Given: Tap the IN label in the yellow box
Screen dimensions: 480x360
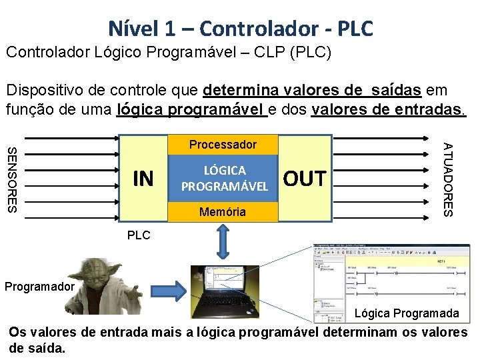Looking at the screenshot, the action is (x=143, y=179).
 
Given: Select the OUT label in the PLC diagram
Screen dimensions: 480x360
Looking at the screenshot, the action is (x=305, y=179).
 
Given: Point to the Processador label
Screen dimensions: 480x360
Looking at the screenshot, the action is (x=223, y=145).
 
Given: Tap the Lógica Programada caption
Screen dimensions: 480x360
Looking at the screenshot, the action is (x=406, y=313).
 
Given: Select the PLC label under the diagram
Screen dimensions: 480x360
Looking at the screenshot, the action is (x=139, y=235).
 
